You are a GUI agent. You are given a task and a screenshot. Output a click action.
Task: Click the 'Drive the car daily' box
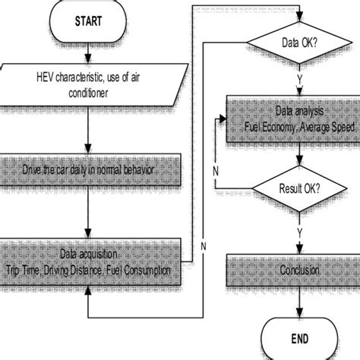click(90, 169)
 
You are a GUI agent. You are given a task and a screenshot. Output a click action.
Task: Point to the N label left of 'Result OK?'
click(217, 170)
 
